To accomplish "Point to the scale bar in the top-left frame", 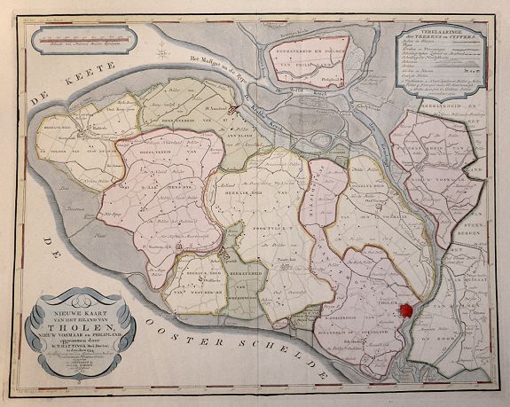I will (84, 38).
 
